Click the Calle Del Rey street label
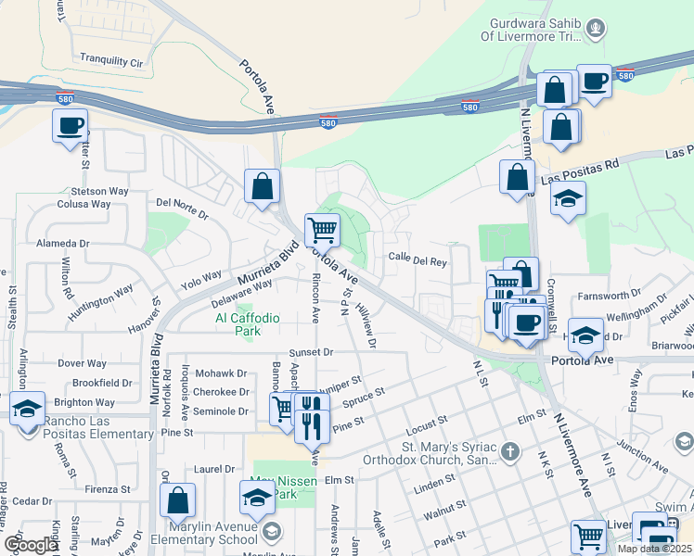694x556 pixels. tap(418, 260)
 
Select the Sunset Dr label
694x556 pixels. tap(310, 353)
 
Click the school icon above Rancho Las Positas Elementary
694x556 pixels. tap(28, 408)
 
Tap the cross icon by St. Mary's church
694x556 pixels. tap(509, 451)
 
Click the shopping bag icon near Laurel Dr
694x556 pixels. tap(177, 500)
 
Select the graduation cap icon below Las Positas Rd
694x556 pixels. tap(567, 198)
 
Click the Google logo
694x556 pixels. tap(31, 545)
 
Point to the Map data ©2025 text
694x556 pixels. tap(653, 549)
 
